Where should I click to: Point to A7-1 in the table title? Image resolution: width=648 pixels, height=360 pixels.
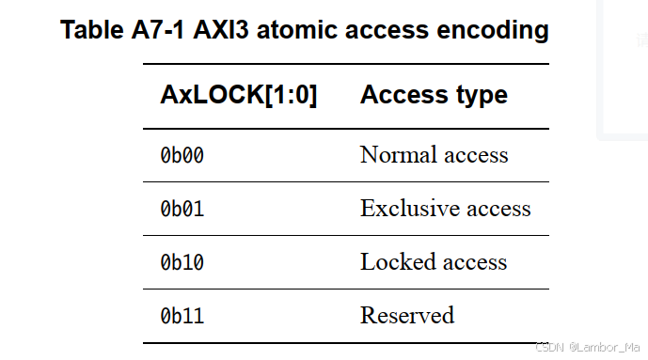(x=160, y=30)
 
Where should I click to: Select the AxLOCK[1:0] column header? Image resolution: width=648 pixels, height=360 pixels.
(x=238, y=95)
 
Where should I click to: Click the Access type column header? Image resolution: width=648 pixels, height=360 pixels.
(x=434, y=95)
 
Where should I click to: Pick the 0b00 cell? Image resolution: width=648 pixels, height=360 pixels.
(x=182, y=155)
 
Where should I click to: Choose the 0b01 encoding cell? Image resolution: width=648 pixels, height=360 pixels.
(x=182, y=209)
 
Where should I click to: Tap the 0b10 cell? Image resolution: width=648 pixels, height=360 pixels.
(x=182, y=262)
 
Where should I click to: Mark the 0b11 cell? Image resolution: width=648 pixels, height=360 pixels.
(x=182, y=316)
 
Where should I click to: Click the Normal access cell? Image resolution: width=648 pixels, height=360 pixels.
(x=434, y=155)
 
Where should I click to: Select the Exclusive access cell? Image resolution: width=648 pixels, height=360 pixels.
(x=445, y=209)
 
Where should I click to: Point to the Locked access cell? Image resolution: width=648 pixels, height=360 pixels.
(x=434, y=262)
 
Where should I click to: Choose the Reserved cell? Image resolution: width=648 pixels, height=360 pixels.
(x=406, y=316)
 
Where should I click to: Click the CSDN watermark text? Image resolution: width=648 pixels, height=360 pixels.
(x=549, y=348)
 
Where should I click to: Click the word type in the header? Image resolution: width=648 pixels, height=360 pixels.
(x=481, y=95)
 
